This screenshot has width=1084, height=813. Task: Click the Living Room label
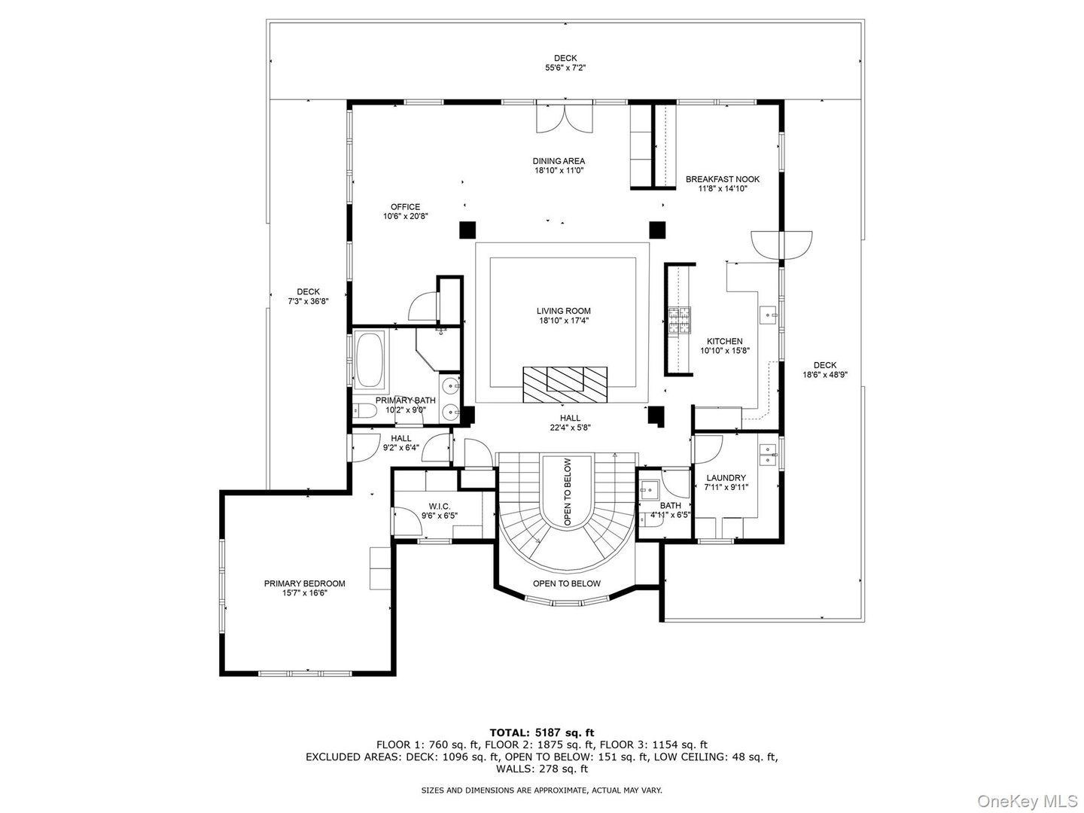tap(563, 311)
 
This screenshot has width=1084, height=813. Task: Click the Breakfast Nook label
tap(722, 179)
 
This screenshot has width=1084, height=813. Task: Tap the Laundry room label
tap(726, 478)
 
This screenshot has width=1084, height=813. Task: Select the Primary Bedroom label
tap(304, 583)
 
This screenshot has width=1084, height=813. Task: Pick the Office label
tap(405, 207)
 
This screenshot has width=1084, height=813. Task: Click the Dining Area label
tap(559, 161)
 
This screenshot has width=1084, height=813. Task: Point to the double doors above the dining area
tap(565, 117)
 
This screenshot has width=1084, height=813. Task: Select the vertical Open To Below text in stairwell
tap(567, 492)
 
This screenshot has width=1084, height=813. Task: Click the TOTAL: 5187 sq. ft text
tap(541, 732)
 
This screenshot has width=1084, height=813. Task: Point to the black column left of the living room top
tap(467, 229)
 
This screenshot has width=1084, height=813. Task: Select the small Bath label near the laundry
tap(670, 505)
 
